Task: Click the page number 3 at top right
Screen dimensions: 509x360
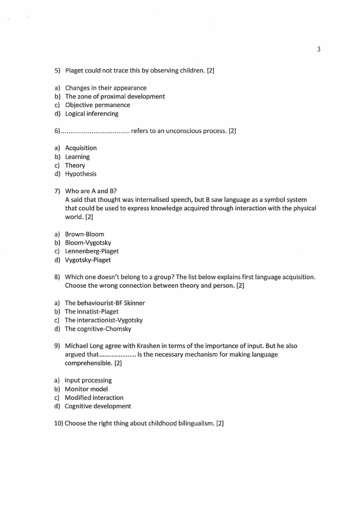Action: (319, 49)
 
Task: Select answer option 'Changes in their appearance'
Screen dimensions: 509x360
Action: (106, 88)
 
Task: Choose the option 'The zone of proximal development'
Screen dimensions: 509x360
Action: (115, 97)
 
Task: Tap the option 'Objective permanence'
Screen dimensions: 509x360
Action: (97, 105)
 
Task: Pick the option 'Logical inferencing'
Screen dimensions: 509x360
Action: (92, 114)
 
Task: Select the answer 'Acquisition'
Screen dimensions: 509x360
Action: (81, 148)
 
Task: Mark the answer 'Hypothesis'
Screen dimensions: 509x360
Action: (81, 174)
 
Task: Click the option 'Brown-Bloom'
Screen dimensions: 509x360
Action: (84, 234)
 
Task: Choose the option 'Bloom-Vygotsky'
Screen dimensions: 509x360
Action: (88, 243)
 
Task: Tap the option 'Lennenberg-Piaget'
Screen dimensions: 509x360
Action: (92, 251)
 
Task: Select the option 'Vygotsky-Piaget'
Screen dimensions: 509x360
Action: (88, 260)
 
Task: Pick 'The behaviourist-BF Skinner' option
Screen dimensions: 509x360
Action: (105, 303)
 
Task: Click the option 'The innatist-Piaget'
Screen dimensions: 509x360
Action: (91, 312)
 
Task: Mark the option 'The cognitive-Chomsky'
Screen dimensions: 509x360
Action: (97, 329)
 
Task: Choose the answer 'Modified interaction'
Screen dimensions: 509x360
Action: (94, 398)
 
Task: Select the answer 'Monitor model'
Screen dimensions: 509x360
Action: (86, 389)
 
